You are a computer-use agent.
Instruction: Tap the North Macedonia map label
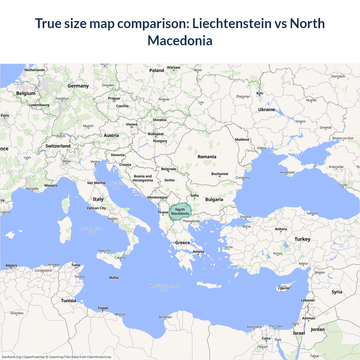pos(180,211)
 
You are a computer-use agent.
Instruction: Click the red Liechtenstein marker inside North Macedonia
pos(179,210)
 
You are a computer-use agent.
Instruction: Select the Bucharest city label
pos(220,174)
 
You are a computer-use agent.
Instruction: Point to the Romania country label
pos(207,157)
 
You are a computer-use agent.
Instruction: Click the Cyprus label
pos(283,288)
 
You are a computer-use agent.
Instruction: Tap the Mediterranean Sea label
pos(165,288)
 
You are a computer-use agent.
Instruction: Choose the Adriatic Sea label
pos(116,186)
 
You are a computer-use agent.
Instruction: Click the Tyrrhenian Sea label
pos(92,231)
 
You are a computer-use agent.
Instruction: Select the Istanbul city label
pos(246,217)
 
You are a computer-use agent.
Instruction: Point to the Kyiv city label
pos(260,93)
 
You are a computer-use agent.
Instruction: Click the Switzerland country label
pos(58,146)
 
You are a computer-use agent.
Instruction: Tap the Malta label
pos(114,278)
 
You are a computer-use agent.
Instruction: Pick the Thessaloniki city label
pos(191,221)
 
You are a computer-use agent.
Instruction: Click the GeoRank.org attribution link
pos(11,357)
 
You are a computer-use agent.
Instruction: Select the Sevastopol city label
pos(287,172)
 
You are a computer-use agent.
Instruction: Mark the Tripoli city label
pos(103,308)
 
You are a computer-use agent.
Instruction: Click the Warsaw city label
pos(174,67)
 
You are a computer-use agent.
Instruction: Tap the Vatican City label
pos(96,208)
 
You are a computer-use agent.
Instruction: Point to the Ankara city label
pos(281,229)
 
